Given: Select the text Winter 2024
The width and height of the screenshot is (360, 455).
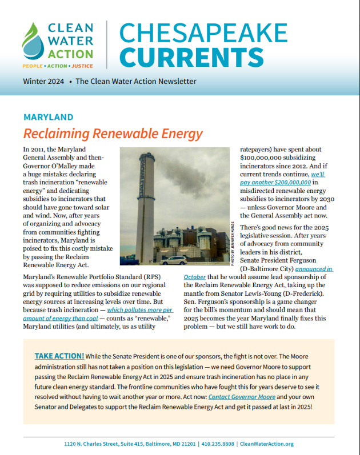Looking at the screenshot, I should tap(43, 82).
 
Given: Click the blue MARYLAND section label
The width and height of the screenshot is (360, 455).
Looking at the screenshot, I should tap(48, 118).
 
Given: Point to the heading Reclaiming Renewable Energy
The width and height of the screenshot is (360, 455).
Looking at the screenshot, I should tap(113, 134).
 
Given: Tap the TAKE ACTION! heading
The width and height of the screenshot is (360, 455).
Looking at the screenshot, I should tap(59, 355).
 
